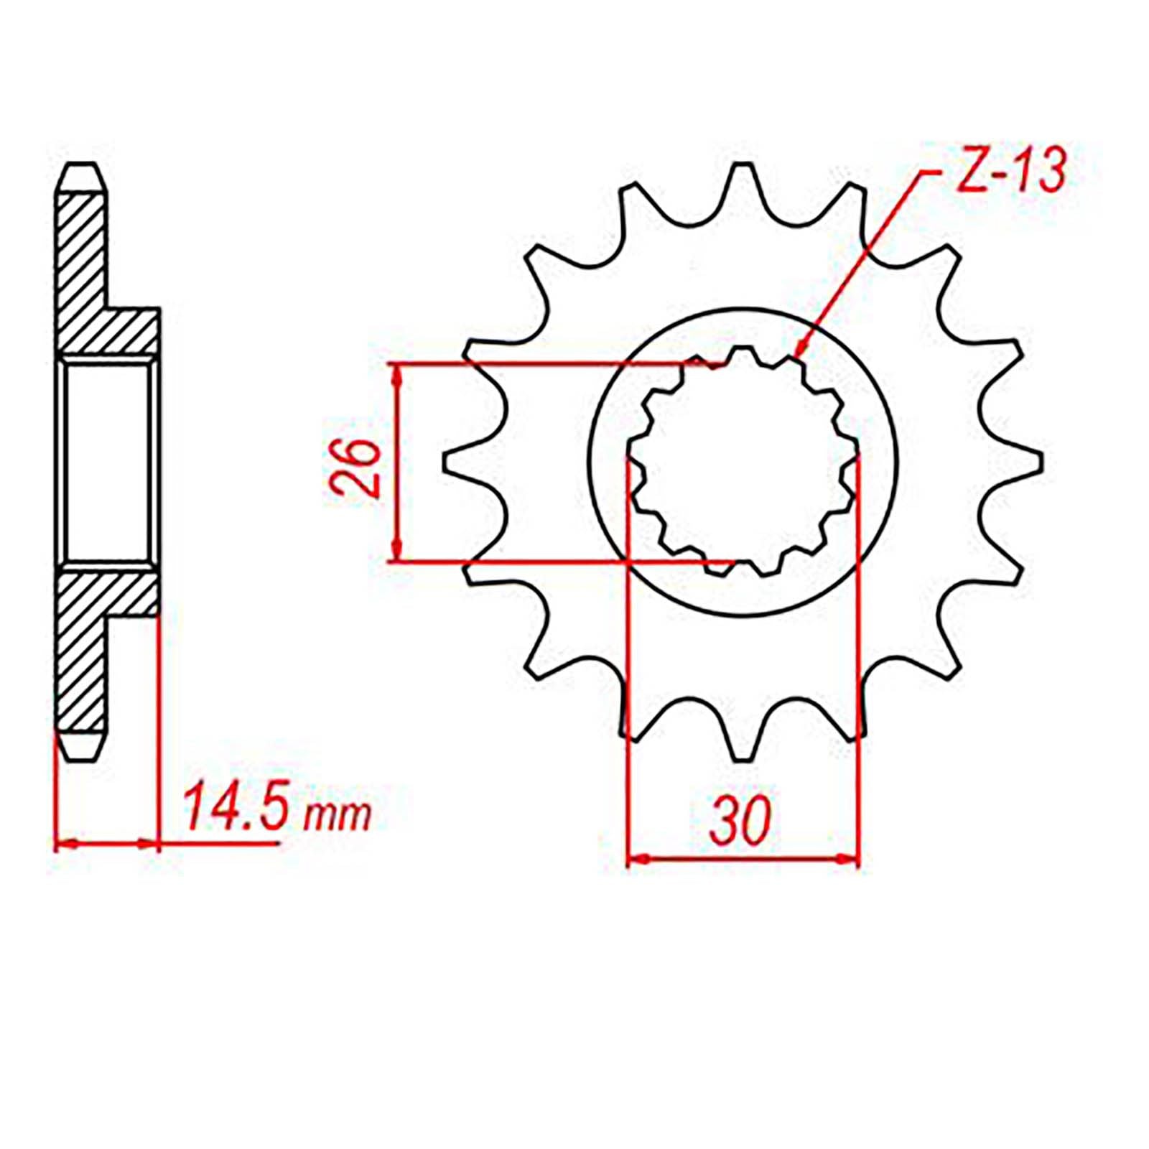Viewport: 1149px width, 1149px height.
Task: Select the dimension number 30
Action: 740,821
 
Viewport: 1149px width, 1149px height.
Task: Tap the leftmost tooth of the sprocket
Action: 460,462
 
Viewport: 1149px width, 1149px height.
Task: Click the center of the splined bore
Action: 743,462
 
